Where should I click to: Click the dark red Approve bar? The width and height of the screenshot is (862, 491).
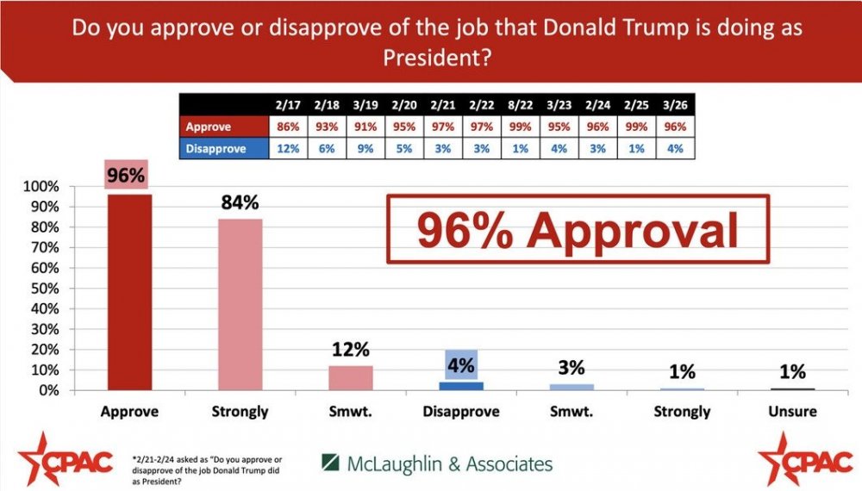128,293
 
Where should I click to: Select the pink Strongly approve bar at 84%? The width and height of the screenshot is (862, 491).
240,305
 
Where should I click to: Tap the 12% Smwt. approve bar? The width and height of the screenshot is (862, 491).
350,378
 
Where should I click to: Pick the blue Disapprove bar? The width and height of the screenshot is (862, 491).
460,386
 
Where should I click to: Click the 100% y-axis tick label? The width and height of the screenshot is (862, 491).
41,187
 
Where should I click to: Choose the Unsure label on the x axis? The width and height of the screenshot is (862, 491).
792,412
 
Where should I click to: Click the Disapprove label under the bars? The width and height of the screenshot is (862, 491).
460,412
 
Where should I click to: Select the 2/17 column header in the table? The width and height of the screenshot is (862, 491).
288,105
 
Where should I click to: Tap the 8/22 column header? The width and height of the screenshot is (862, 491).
520,105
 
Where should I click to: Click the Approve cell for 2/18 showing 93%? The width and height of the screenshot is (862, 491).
327,127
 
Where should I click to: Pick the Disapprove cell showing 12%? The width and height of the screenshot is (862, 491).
288,148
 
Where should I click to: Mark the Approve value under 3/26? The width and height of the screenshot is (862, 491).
674,127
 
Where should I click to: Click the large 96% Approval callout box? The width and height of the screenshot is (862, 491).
577,228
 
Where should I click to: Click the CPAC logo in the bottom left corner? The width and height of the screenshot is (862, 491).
66,460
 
